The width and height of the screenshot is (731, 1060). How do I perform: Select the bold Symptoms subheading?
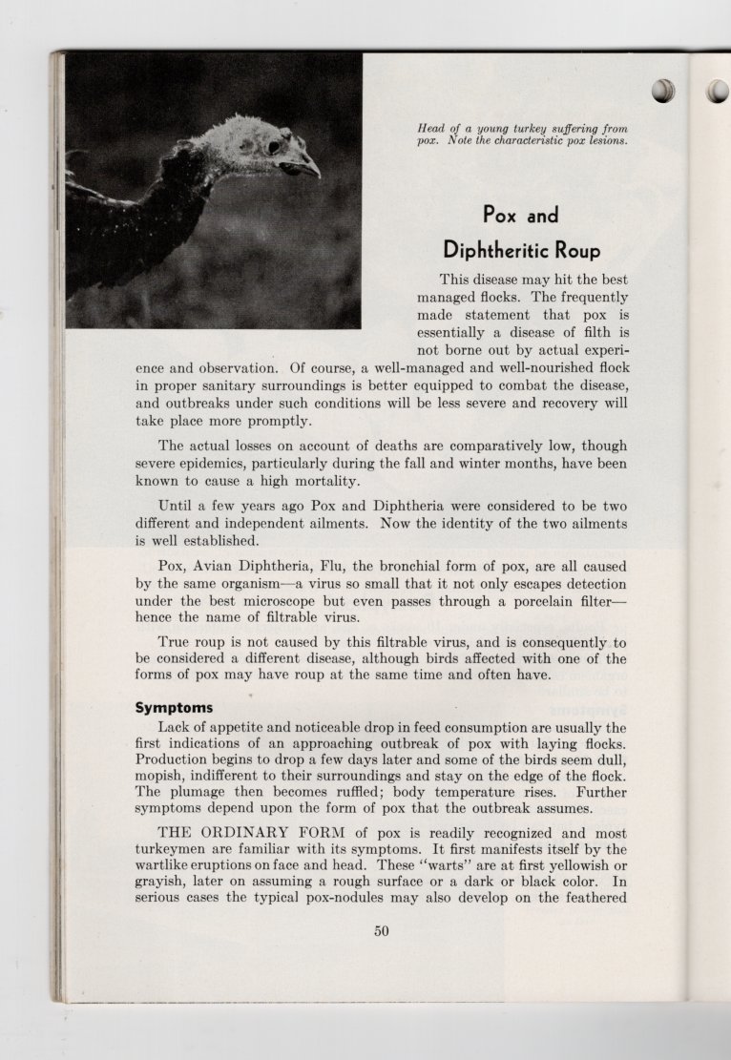(173, 708)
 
